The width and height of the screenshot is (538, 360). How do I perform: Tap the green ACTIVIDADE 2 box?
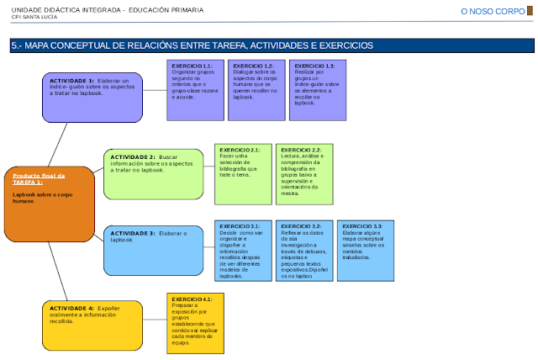tap(153, 174)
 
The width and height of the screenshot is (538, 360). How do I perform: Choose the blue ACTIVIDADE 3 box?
tap(153, 250)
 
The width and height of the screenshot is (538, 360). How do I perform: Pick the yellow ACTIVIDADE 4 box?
tap(92, 325)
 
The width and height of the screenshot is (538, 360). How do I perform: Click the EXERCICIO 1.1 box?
tap(195, 90)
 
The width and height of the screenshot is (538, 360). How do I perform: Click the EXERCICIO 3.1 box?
tap(243, 251)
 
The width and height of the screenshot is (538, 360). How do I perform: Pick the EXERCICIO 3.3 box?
tap(365, 251)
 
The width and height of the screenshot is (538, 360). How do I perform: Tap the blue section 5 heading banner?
tap(269, 45)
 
